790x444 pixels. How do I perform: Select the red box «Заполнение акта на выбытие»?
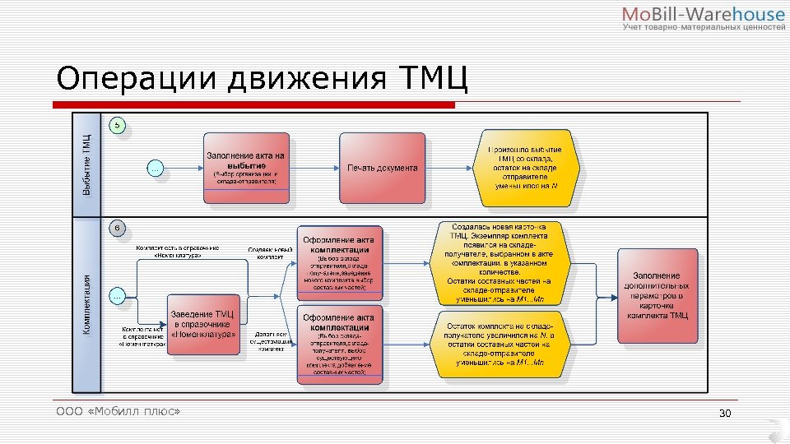click(x=246, y=168)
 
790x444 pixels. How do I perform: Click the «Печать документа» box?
click(x=382, y=168)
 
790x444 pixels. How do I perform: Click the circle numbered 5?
click(x=118, y=126)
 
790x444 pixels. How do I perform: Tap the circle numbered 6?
click(x=118, y=226)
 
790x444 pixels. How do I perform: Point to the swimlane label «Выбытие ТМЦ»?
click(x=86, y=164)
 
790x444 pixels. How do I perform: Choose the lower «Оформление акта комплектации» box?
click(x=340, y=345)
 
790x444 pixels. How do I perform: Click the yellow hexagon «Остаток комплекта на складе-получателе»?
click(x=500, y=344)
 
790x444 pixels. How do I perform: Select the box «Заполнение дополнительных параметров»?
click(x=658, y=295)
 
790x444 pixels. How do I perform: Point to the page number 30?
click(x=725, y=413)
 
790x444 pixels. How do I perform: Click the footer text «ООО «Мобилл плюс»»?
click(x=118, y=410)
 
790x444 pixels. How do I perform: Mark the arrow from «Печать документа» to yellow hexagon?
click(x=449, y=168)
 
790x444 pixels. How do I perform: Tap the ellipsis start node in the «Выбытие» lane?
click(x=155, y=168)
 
